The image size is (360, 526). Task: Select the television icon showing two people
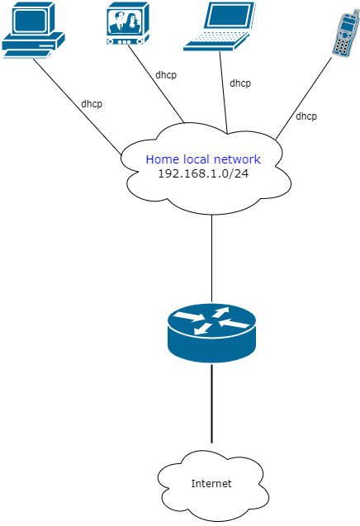click(126, 23)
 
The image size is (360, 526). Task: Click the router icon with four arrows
click(211, 332)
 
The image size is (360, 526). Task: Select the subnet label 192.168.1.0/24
click(203, 174)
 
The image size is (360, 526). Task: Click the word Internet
click(211, 484)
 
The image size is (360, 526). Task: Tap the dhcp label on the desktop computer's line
click(92, 104)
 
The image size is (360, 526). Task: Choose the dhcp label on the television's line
click(166, 74)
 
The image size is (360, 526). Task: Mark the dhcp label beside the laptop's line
click(240, 83)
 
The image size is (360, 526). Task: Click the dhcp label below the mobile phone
click(306, 116)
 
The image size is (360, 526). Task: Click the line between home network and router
click(212, 256)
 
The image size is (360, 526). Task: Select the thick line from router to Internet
click(212, 405)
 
